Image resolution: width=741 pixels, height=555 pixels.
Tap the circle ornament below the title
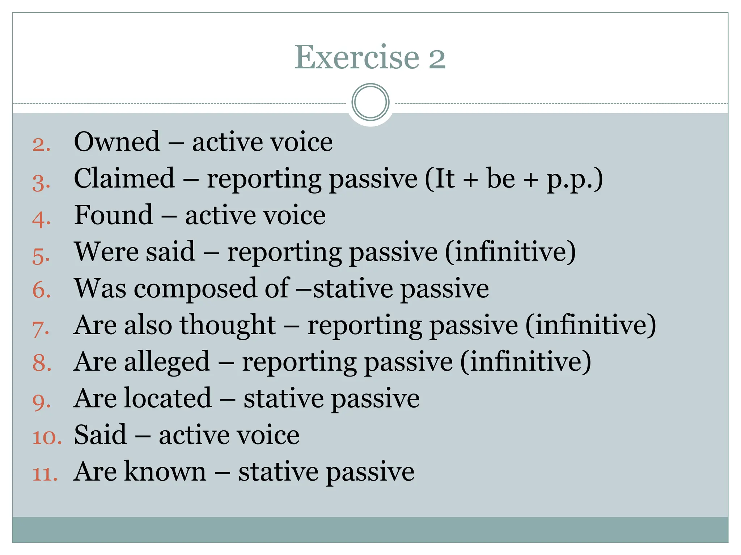click(370, 102)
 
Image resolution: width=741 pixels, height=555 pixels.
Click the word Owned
click(117, 142)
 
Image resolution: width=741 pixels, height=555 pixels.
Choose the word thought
click(228, 325)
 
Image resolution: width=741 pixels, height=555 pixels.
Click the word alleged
click(167, 362)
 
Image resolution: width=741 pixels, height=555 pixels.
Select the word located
click(168, 398)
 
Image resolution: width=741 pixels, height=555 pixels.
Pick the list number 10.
click(47, 437)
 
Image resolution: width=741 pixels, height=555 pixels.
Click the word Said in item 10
click(100, 435)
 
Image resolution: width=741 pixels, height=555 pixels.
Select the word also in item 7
click(148, 325)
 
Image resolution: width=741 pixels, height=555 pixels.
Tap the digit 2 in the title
click(437, 58)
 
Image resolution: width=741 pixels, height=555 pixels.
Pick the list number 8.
click(42, 363)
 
